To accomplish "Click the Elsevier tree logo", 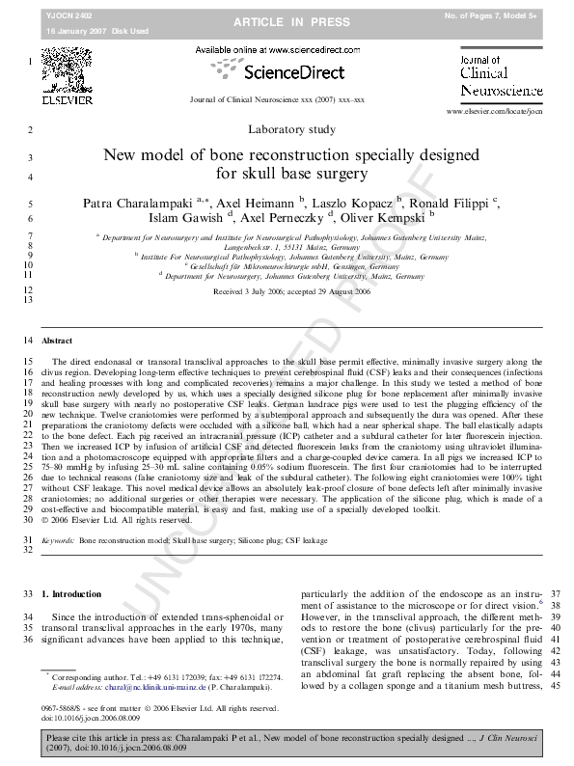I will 67,69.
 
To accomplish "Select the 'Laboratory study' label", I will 287,129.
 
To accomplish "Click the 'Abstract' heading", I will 57,342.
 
